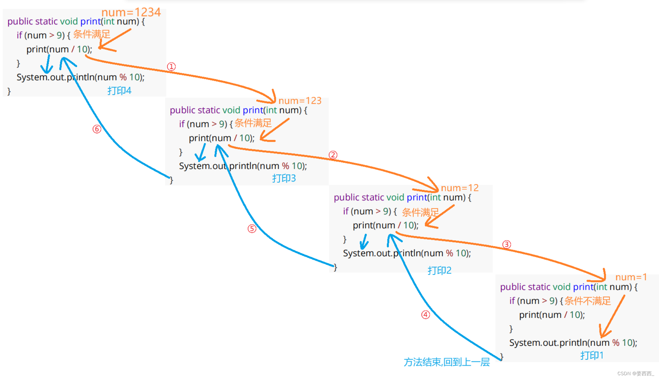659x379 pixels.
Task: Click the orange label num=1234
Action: tap(131, 12)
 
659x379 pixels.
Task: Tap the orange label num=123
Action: tap(300, 101)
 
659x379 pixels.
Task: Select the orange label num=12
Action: tap(460, 188)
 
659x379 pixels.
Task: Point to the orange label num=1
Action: tap(631, 277)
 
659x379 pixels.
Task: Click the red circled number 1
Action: tap(171, 66)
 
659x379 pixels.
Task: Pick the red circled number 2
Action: tap(333, 155)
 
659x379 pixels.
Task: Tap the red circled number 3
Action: tap(507, 244)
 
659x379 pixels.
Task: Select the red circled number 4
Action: tap(426, 315)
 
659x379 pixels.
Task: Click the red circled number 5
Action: tap(252, 229)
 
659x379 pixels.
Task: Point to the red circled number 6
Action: tap(97, 129)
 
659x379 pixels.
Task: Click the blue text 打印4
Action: tap(119, 91)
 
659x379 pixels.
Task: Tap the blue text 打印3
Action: tap(284, 178)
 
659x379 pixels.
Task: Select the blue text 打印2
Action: tap(440, 270)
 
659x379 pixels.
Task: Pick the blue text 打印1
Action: tap(592, 356)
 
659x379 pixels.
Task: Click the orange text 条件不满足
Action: tap(588, 301)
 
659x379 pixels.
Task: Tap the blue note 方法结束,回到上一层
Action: tap(447, 362)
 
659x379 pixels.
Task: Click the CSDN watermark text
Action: tap(636, 374)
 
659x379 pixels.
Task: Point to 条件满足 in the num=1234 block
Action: tap(92, 34)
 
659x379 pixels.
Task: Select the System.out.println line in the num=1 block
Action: tap(573, 343)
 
